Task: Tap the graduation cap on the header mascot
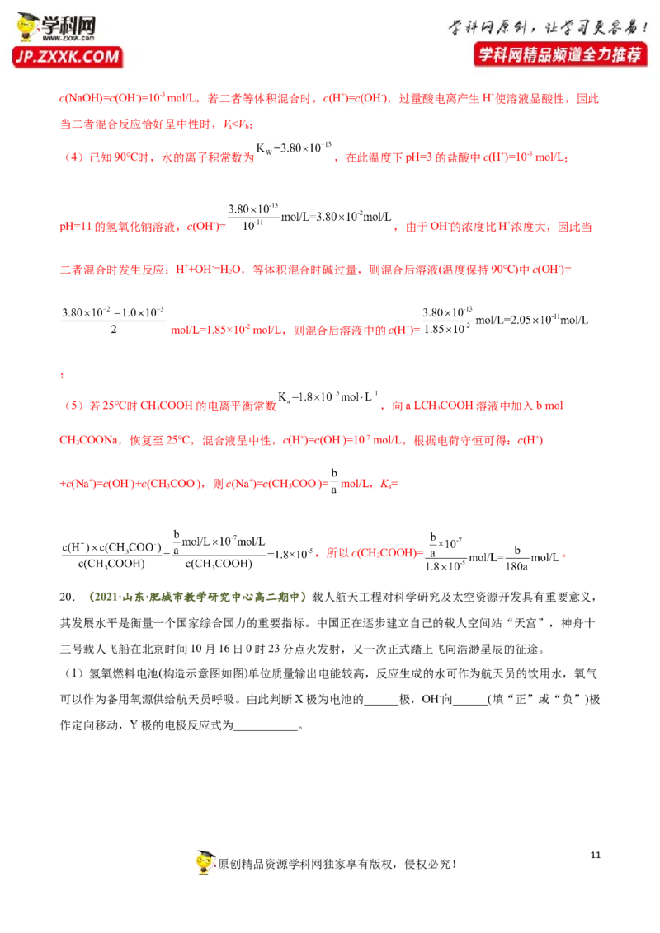(x=28, y=18)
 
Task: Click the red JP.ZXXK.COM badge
(x=68, y=57)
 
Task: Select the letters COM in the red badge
(x=104, y=57)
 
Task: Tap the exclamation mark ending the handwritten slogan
(x=644, y=28)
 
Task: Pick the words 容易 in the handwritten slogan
(x=617, y=28)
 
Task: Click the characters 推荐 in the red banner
(x=626, y=55)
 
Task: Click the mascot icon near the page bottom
(x=207, y=860)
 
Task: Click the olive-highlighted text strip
(x=198, y=597)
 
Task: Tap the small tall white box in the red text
(x=333, y=481)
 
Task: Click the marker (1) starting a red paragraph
(x=73, y=157)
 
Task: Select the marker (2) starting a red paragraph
(x=73, y=406)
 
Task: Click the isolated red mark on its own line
(x=63, y=377)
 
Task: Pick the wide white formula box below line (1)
(x=310, y=218)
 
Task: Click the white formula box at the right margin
(x=504, y=319)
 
